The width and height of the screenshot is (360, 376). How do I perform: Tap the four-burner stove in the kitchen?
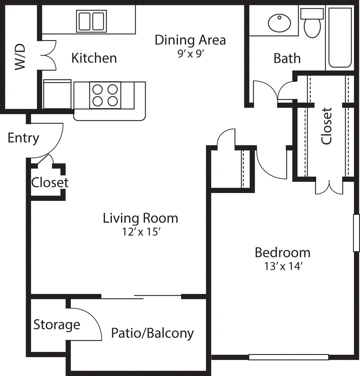click(x=105, y=95)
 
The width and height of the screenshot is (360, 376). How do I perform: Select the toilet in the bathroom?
click(x=312, y=23)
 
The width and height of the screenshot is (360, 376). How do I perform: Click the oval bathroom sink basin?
click(x=279, y=23)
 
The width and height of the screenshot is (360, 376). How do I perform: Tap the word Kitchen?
click(x=94, y=58)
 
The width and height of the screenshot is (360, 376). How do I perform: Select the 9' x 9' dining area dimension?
click(x=190, y=54)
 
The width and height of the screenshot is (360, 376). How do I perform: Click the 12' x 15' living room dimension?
click(x=141, y=232)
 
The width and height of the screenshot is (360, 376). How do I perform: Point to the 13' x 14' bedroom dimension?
click(x=283, y=266)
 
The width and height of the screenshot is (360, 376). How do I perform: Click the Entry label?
click(x=23, y=138)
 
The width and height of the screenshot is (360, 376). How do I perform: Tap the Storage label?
click(x=57, y=325)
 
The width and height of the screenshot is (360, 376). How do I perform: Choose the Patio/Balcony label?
click(x=153, y=333)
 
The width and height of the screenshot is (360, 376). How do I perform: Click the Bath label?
click(x=287, y=59)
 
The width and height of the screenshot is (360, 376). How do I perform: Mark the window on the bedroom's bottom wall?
click(x=288, y=357)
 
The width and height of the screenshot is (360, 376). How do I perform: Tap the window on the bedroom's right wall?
click(x=356, y=233)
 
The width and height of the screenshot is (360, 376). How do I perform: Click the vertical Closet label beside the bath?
click(x=326, y=126)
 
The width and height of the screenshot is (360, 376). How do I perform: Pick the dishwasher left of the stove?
click(x=57, y=94)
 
